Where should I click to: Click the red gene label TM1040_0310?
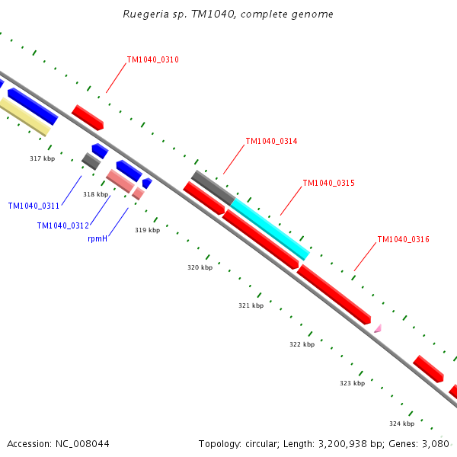(x=152, y=59)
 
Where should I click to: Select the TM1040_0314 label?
(x=271, y=142)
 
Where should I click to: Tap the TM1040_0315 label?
(x=328, y=184)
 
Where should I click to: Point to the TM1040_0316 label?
(x=403, y=240)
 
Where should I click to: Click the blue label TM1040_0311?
(x=34, y=206)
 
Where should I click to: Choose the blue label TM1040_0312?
(x=63, y=225)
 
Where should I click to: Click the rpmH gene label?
(x=97, y=239)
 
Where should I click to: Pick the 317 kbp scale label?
(x=43, y=158)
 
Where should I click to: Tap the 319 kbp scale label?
(x=147, y=230)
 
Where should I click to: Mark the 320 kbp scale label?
(x=200, y=267)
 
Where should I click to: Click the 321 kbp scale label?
(x=251, y=305)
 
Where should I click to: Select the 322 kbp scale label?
(x=302, y=344)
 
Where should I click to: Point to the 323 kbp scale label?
(x=352, y=383)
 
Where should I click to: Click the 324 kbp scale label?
(x=401, y=423)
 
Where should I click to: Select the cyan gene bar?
(x=270, y=229)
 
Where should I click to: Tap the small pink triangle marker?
(x=377, y=328)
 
